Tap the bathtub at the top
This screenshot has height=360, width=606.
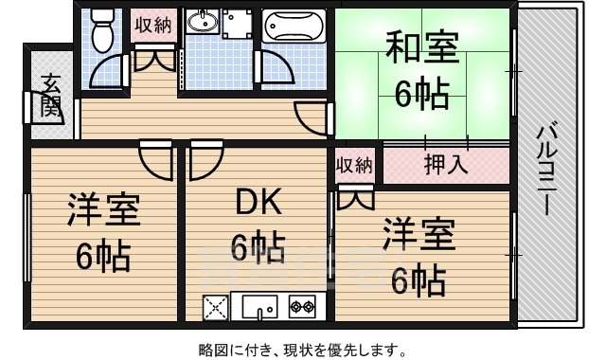coord(291,27)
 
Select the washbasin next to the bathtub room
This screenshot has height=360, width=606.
coord(202,22)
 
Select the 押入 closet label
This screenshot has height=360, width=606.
coord(445,164)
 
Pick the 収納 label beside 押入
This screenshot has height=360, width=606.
coord(354,165)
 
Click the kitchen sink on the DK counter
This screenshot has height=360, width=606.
coord(258,306)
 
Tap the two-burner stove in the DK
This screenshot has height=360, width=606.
coord(303,306)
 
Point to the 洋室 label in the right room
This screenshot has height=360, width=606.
coord(418,233)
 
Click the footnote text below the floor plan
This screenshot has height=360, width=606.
coord(303,348)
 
